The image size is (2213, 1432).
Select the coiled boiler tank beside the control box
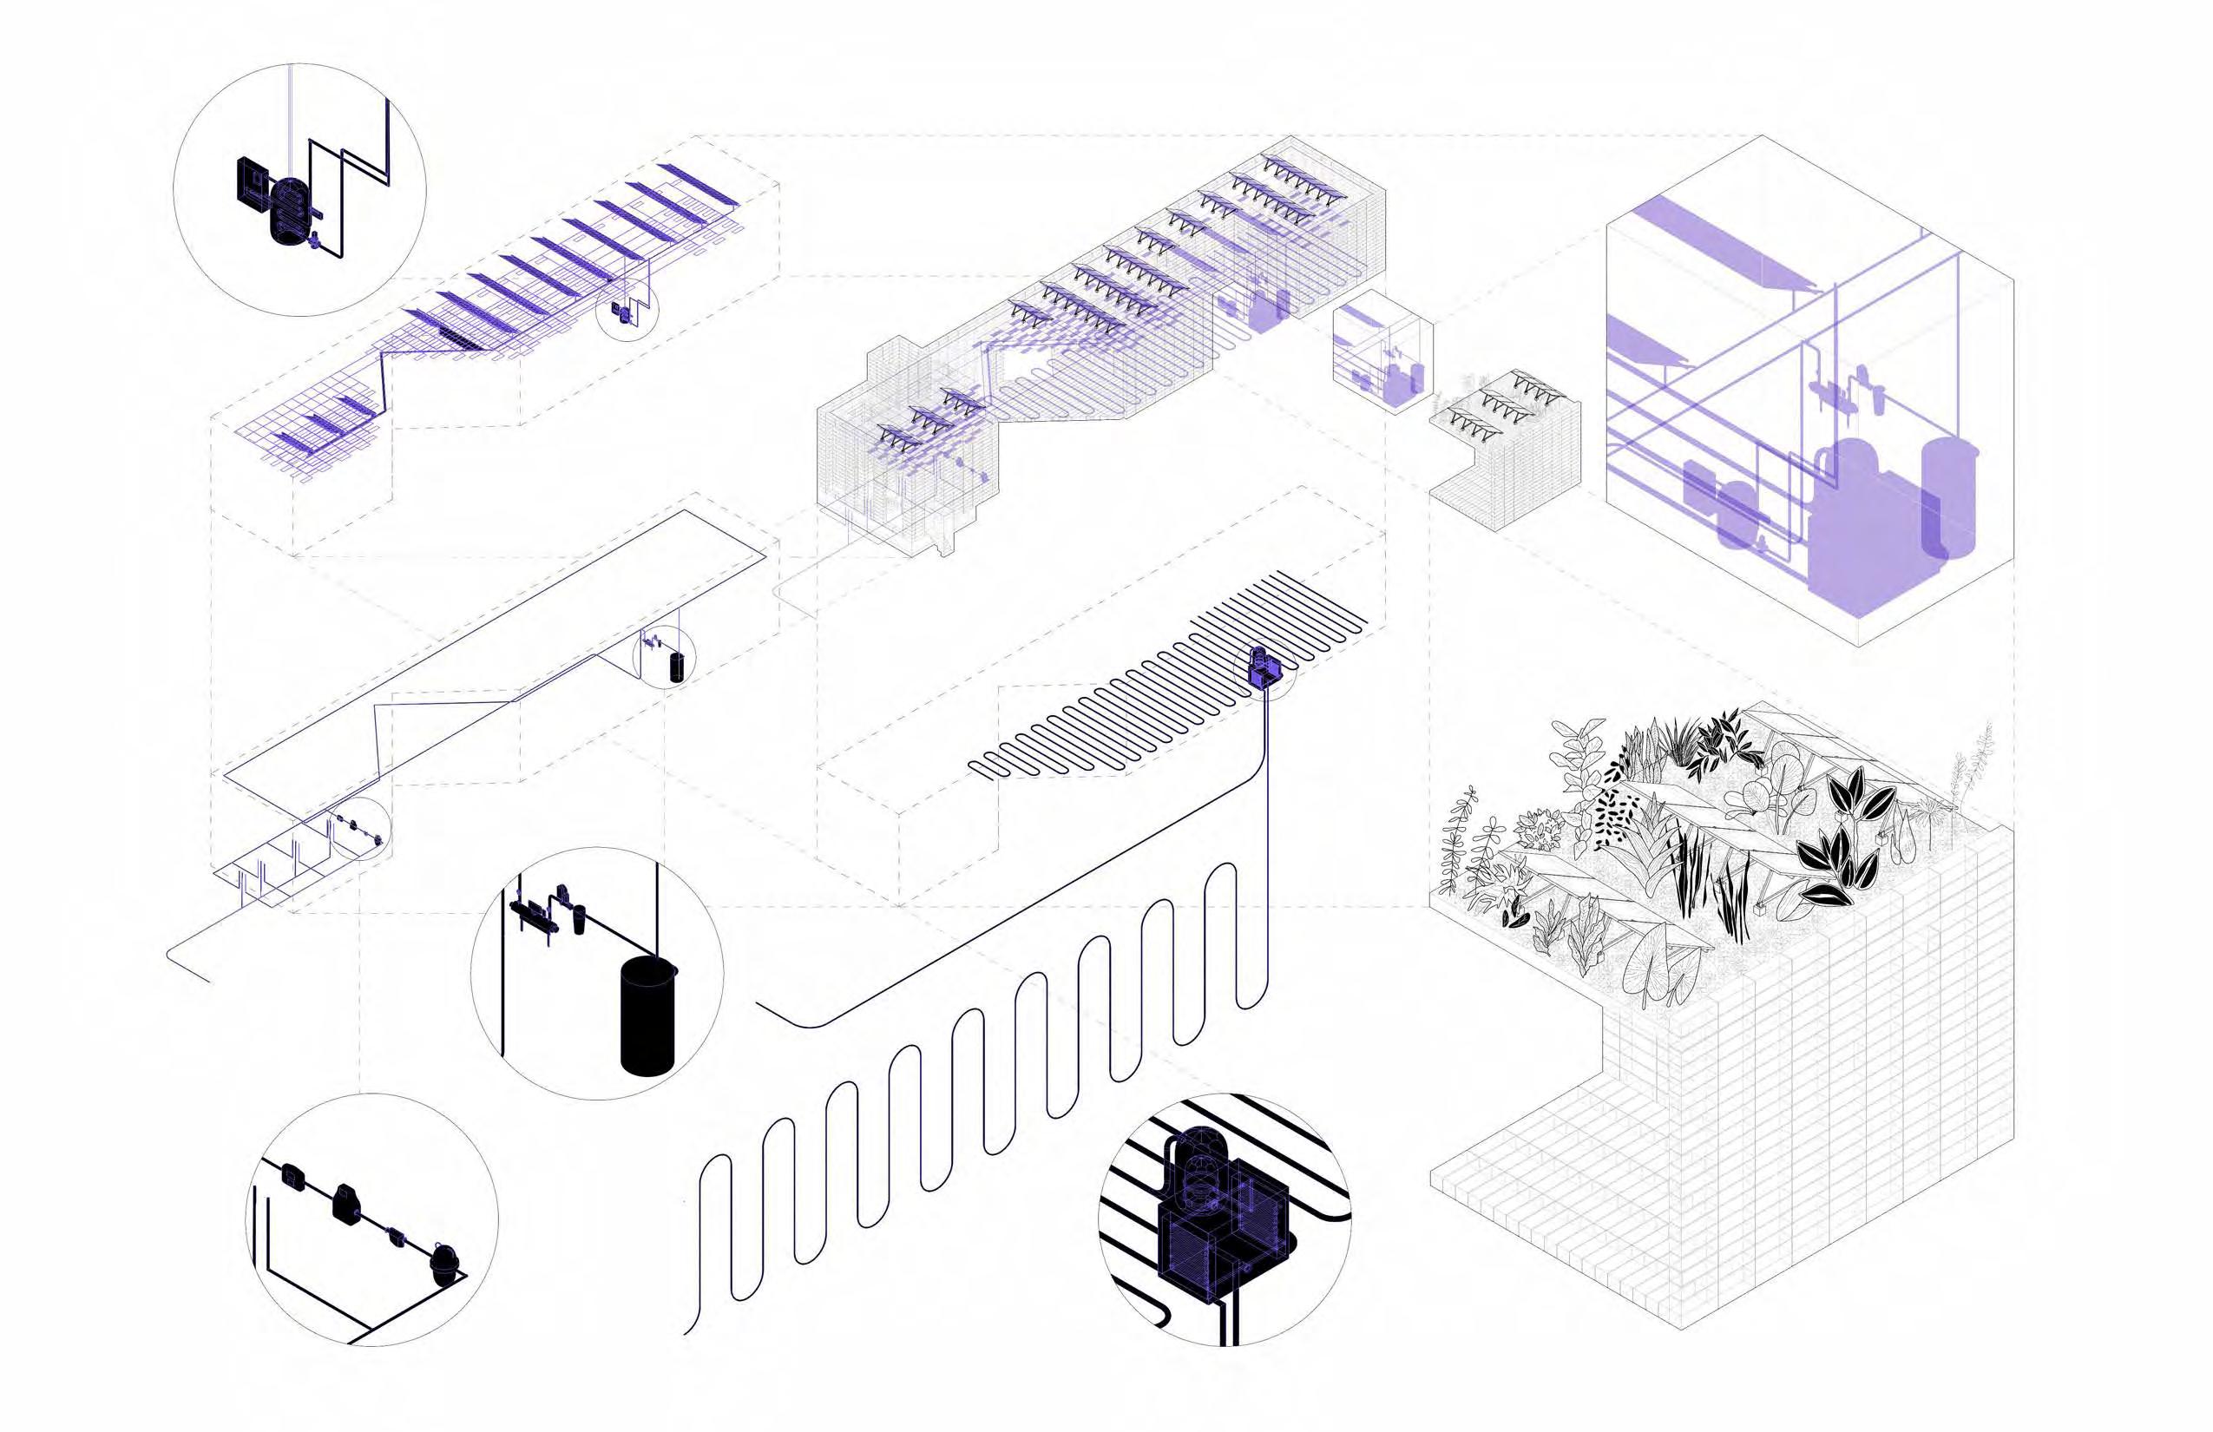286,211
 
